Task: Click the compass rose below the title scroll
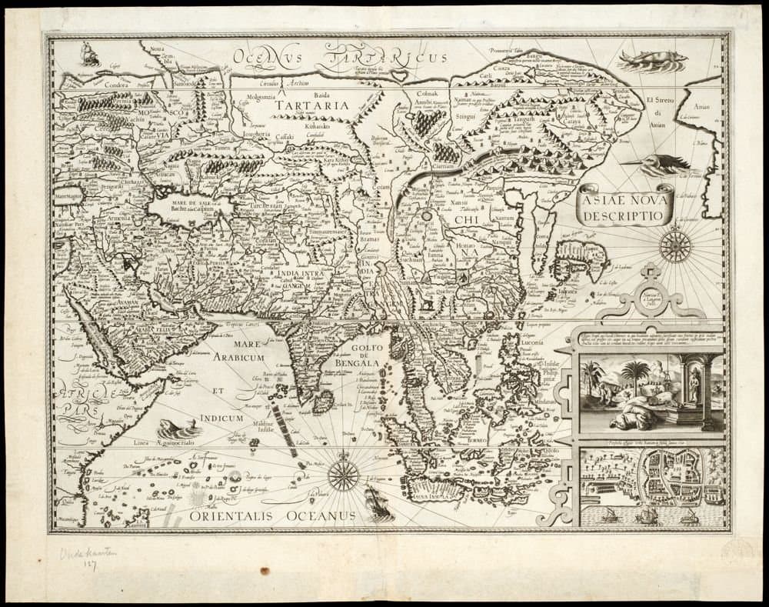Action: (674, 245)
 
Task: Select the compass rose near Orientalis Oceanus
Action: (343, 475)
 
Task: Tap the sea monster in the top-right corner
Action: (651, 59)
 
